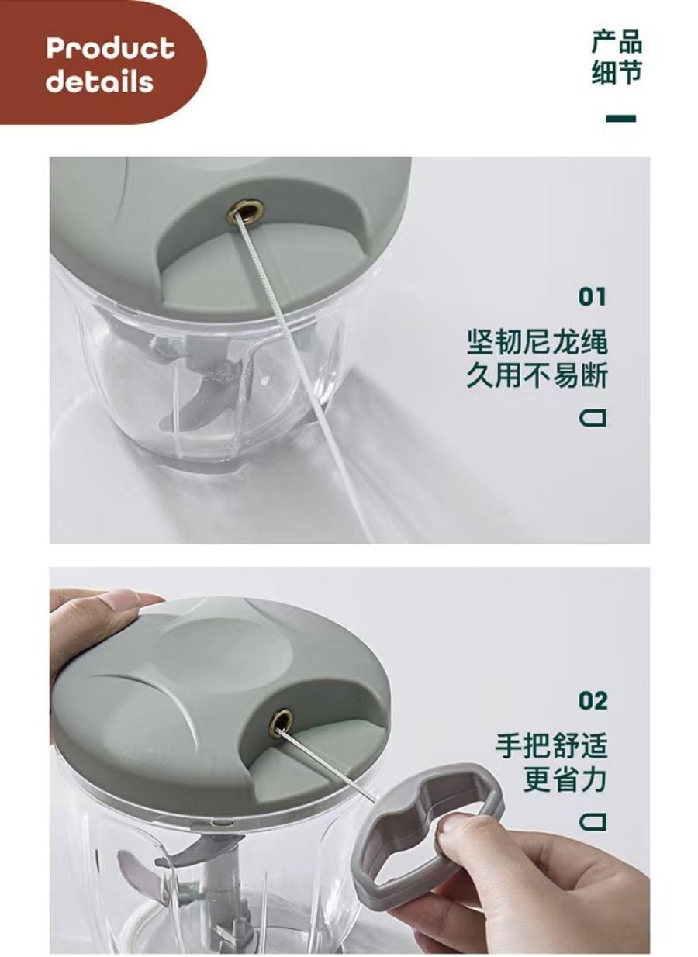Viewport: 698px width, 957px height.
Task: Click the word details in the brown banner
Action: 99,81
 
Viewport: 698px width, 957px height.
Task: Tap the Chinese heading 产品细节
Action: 617,57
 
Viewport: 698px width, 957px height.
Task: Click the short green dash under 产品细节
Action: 620,119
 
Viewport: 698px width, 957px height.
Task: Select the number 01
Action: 593,296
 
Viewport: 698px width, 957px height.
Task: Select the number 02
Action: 593,701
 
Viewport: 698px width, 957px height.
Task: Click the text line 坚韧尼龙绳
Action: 537,341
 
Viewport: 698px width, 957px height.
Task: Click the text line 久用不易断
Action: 537,376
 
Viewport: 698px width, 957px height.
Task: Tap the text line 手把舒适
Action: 551,746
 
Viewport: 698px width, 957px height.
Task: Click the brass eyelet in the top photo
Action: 245,210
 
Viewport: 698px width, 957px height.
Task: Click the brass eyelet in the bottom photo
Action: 281,723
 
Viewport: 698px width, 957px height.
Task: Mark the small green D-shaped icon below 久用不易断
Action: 593,419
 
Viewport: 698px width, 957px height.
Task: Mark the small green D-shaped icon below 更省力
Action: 593,821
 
